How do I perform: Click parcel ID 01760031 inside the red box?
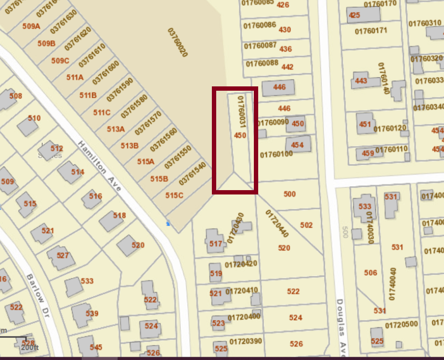(241, 111)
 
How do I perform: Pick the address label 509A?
(31, 26)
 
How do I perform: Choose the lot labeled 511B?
(88, 95)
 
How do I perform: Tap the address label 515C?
(174, 195)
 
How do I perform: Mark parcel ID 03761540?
(192, 173)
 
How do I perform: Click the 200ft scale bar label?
(29, 347)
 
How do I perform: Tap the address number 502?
(306, 225)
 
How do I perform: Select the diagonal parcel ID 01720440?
(277, 223)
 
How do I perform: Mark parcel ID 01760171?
(371, 31)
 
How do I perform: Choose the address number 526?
(296, 344)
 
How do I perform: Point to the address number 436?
(286, 49)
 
